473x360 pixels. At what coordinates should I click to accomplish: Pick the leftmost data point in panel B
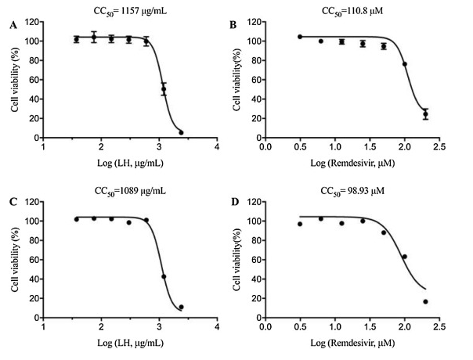pyautogui.click(x=300, y=37)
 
